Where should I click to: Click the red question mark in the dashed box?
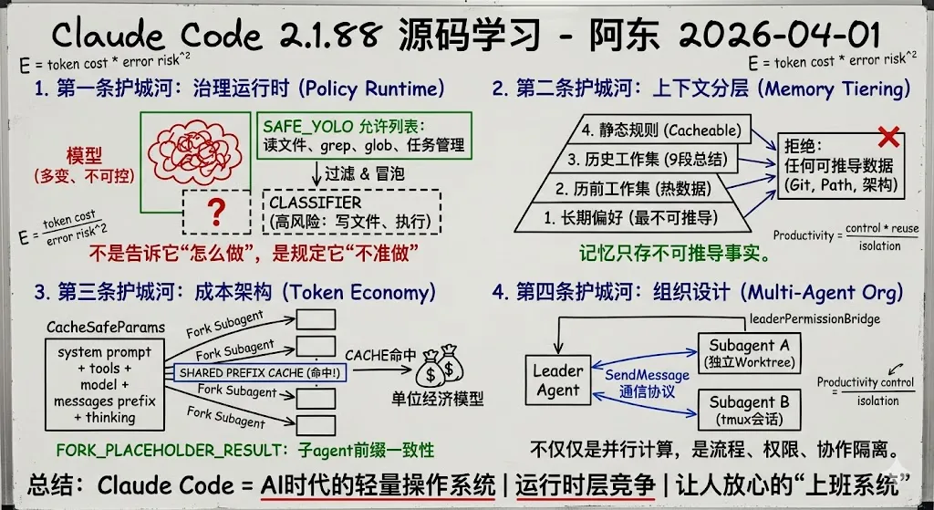click(x=215, y=212)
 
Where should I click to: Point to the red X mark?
click(x=887, y=138)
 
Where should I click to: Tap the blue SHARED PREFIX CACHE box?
click(x=259, y=373)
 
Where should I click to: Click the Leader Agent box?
click(x=557, y=380)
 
